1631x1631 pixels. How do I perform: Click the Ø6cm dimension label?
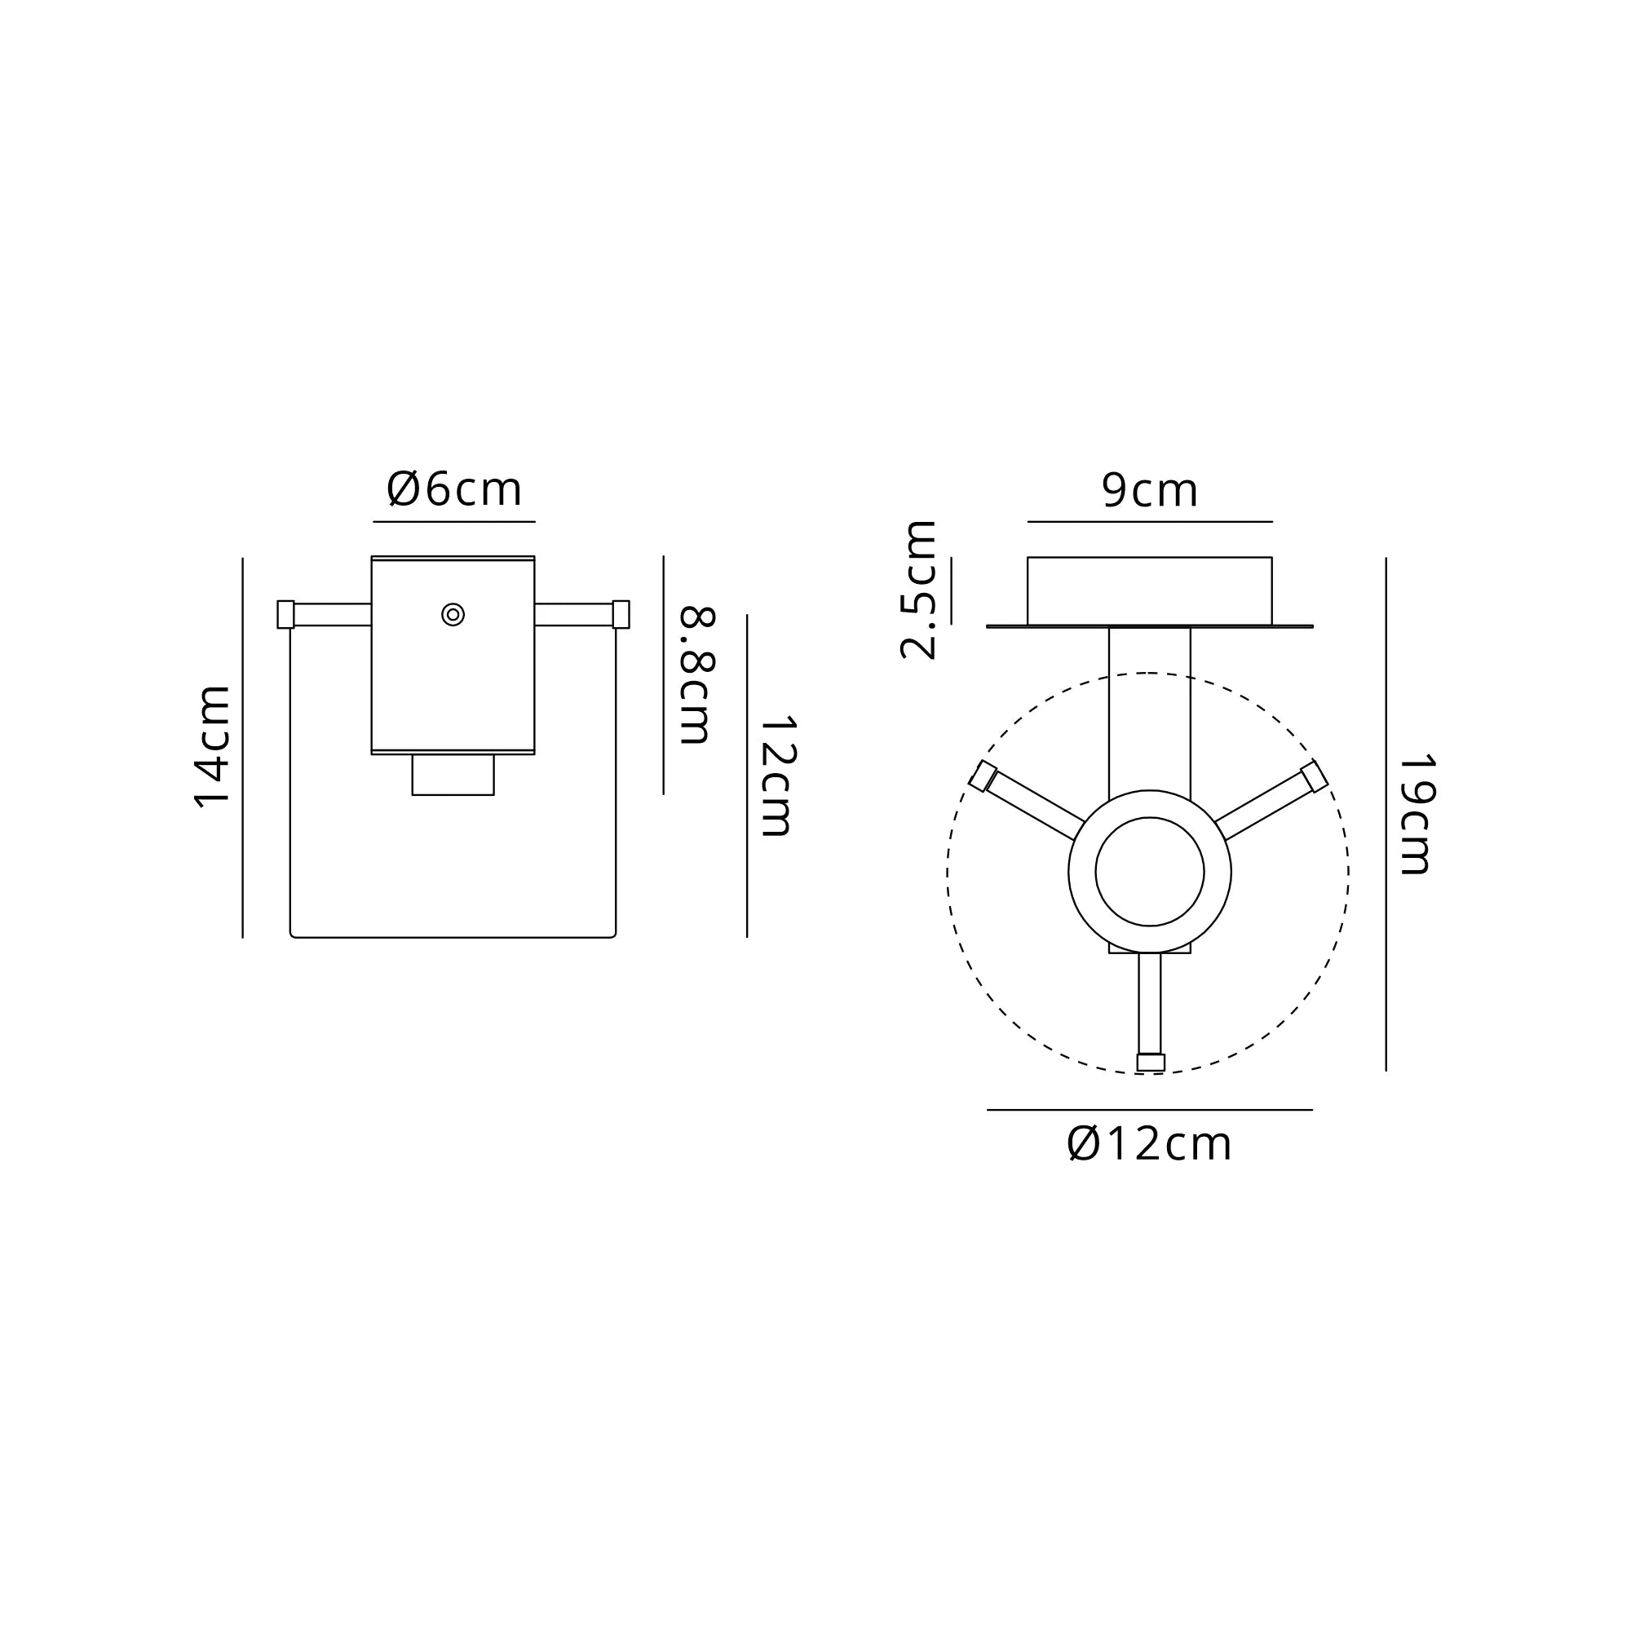point(454,490)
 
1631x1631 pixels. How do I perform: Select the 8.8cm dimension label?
point(697,675)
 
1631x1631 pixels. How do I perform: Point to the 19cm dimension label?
point(1416,814)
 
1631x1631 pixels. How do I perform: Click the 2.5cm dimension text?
point(918,590)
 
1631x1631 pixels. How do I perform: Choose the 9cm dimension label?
point(1149,490)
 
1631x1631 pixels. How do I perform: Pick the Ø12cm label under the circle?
point(1149,1145)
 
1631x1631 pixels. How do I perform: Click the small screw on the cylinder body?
point(453,615)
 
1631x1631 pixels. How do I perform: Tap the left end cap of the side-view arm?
point(285,615)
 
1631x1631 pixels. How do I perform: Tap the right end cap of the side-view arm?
point(621,615)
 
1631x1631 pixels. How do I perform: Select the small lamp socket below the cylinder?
point(453,775)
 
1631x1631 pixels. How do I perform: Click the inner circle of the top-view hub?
point(1150,872)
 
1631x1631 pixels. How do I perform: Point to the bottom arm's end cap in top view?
point(1151,1063)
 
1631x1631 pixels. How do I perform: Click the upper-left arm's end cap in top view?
point(983,776)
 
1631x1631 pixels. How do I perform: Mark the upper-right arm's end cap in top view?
point(1315,776)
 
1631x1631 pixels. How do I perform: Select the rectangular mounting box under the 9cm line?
point(1149,591)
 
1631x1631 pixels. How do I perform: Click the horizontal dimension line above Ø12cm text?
point(1149,1110)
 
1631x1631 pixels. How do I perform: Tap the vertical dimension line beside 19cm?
point(1386,814)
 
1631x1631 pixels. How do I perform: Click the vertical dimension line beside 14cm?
point(243,747)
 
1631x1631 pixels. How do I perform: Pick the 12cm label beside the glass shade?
point(777,776)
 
